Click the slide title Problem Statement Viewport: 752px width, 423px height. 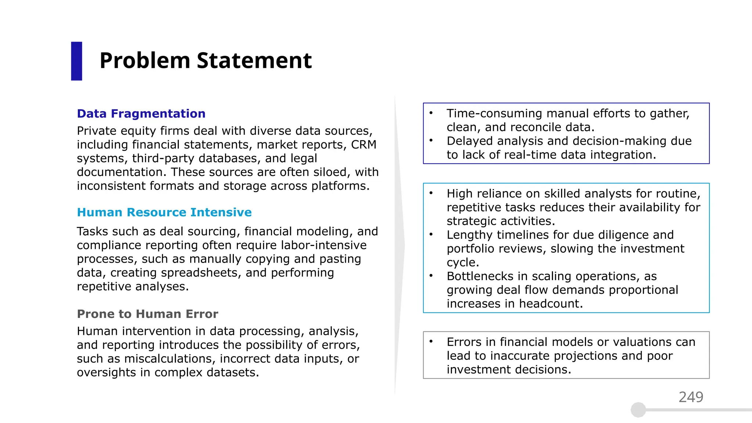pyautogui.click(x=206, y=61)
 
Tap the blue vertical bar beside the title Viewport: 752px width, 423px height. pyautogui.click(x=76, y=61)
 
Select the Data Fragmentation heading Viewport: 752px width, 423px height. pyautogui.click(x=141, y=114)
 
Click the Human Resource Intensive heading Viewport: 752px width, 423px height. pyautogui.click(x=164, y=212)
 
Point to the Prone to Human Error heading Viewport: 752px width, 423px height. pyautogui.click(x=147, y=314)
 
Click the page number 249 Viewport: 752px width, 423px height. pyautogui.click(x=691, y=397)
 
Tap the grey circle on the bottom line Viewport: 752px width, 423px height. pyautogui.click(x=638, y=410)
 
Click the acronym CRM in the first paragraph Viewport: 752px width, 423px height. pyautogui.click(x=364, y=145)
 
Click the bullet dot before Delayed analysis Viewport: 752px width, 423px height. pyautogui.click(x=431, y=141)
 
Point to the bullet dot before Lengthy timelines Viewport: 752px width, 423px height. pyautogui.click(x=431, y=235)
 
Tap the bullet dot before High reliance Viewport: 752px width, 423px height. pyautogui.click(x=431, y=193)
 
